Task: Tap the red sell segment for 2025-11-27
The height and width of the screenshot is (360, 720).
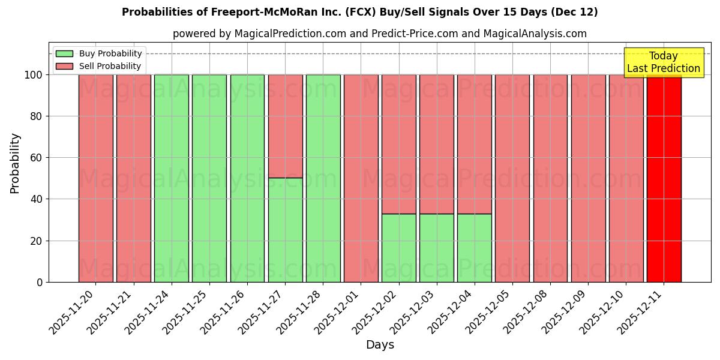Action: [x=285, y=126]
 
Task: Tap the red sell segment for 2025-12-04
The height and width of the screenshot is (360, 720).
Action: [x=474, y=144]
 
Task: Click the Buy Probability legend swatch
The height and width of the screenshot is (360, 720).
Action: [x=64, y=53]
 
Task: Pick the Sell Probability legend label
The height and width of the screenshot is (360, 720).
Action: [x=110, y=66]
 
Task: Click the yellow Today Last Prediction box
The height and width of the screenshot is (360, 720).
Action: [x=663, y=62]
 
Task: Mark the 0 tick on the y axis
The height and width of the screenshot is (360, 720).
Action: [x=40, y=282]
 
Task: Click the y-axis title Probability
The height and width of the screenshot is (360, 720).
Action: [x=15, y=163]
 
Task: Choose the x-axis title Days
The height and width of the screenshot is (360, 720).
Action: [x=380, y=345]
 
